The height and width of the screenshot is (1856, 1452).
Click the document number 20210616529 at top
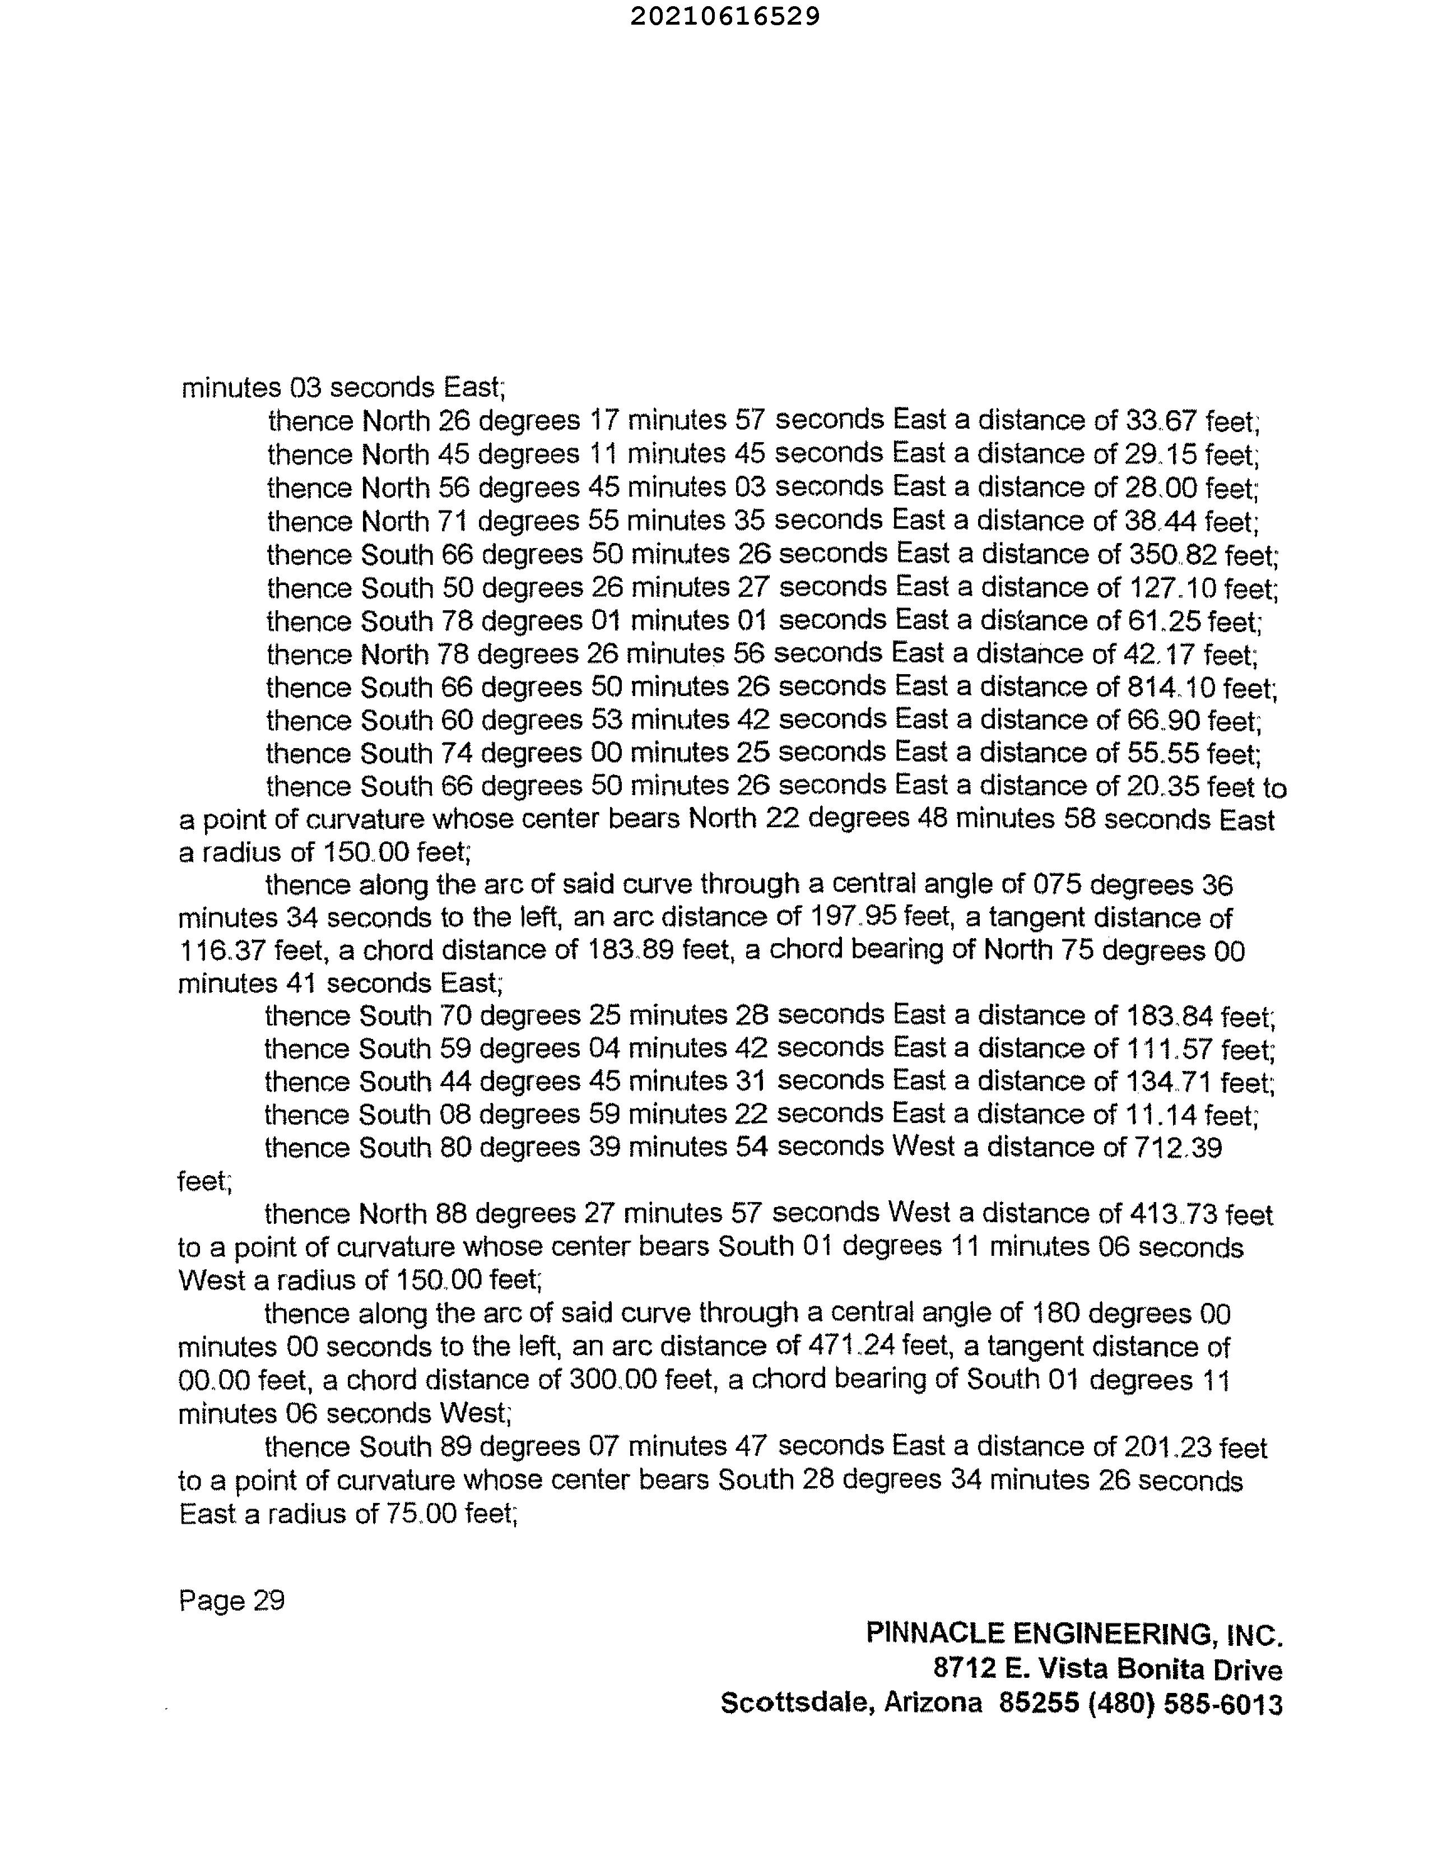pyautogui.click(x=725, y=16)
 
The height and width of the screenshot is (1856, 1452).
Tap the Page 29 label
pyautogui.click(x=231, y=1601)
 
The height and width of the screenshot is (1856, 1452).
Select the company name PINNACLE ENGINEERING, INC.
pyautogui.click(x=1074, y=1634)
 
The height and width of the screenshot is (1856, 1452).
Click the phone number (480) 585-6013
pyautogui.click(x=1185, y=1704)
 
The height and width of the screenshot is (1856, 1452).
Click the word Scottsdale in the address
pyautogui.click(x=797, y=1704)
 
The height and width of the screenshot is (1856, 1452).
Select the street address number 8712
pyautogui.click(x=964, y=1668)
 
